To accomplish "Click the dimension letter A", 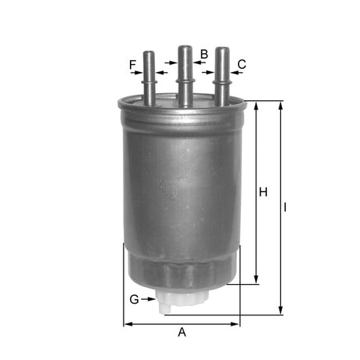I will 182,332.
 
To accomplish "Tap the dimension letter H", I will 264,192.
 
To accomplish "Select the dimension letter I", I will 286,207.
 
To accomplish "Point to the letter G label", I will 134,299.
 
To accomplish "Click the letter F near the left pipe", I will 133,64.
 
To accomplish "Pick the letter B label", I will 203,54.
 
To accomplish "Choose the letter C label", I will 242,64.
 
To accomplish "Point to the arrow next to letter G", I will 149,299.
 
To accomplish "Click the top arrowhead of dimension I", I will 280,105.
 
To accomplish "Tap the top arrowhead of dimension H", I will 257,105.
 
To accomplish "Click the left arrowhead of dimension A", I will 128,322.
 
